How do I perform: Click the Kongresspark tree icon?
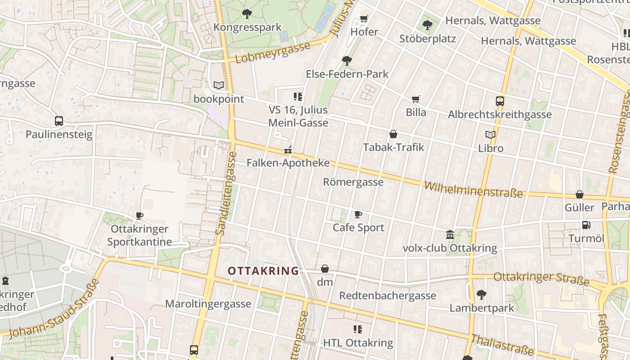247,14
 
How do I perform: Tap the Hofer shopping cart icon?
364,19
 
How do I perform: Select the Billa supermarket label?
416,112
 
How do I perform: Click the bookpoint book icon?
219,85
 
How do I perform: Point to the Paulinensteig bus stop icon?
59,121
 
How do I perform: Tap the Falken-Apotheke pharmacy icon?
288,150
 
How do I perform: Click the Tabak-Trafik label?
393,147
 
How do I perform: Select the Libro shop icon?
490,135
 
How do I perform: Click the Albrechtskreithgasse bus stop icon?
500,101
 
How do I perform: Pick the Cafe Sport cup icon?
358,214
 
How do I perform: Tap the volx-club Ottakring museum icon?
450,234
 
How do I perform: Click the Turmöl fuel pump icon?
586,225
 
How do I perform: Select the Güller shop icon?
580,194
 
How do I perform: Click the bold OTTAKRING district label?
263,271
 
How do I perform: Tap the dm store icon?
325,269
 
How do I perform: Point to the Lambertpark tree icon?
481,295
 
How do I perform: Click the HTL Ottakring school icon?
358,329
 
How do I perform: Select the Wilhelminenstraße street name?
473,190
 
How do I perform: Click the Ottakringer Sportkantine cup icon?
139,216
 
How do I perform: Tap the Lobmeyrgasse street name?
273,53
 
